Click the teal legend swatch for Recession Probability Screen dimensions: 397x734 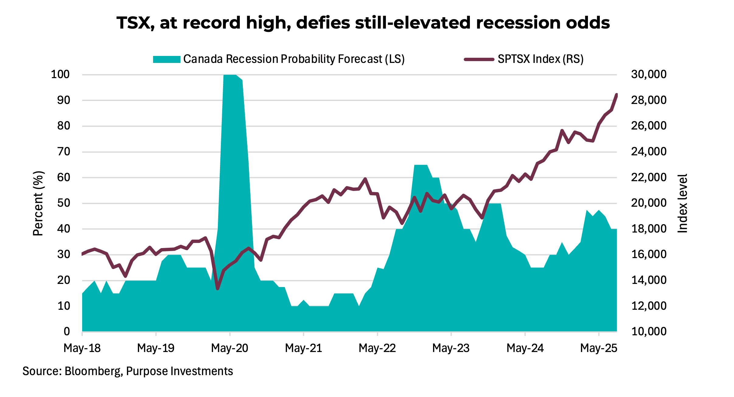(x=166, y=59)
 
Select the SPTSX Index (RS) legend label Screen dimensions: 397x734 (x=540, y=59)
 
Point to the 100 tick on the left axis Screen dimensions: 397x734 (x=60, y=74)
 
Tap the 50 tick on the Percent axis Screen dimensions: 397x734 (x=63, y=203)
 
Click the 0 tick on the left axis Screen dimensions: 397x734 (x=67, y=331)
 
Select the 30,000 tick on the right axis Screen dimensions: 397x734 (x=648, y=74)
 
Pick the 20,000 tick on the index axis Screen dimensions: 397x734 (x=648, y=203)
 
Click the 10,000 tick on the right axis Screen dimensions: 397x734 (x=648, y=331)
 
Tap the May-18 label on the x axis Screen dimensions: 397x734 (x=82, y=348)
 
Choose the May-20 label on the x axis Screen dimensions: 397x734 (x=229, y=348)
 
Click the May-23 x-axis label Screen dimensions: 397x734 (x=451, y=348)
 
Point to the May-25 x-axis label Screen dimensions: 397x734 (x=598, y=348)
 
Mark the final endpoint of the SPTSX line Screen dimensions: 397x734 (x=617, y=95)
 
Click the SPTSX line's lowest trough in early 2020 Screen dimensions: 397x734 (x=217, y=288)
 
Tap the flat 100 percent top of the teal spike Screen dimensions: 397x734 (x=230, y=75)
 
